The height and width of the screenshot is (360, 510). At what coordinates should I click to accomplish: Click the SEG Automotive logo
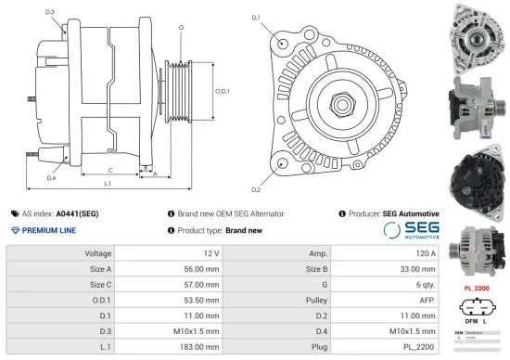tap(412, 231)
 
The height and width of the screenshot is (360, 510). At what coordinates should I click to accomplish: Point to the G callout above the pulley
tap(180, 29)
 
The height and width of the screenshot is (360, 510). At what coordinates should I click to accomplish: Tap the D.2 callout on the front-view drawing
tap(256, 165)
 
